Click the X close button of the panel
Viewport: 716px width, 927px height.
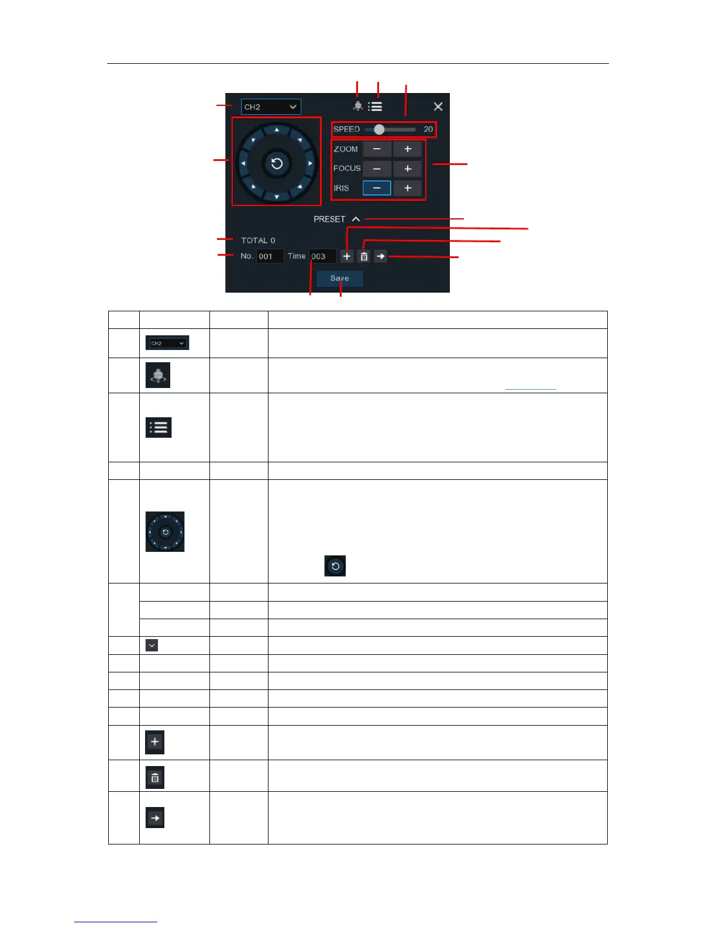click(x=438, y=107)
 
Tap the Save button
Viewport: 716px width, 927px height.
click(x=339, y=279)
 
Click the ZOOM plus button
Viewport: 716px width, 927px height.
click(x=408, y=149)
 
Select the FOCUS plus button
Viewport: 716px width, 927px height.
click(x=408, y=169)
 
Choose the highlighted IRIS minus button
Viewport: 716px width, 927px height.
click(x=377, y=188)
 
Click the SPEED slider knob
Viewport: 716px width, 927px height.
click(x=379, y=129)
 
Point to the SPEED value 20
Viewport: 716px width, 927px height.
click(x=428, y=129)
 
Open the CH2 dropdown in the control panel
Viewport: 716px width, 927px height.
click(x=271, y=107)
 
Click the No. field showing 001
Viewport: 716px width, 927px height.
click(x=270, y=256)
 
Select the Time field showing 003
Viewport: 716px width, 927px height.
click(x=322, y=256)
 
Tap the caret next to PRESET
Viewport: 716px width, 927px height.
click(x=356, y=219)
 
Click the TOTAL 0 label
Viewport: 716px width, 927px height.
click(x=258, y=241)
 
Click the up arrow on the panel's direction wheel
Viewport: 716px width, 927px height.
click(x=277, y=129)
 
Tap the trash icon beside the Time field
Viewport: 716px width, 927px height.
click(x=364, y=256)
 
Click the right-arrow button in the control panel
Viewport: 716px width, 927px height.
click(x=380, y=256)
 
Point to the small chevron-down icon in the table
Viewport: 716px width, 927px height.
click(x=152, y=646)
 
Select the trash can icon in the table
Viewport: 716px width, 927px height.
click(x=155, y=778)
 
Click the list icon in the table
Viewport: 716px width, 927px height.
click(x=159, y=428)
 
